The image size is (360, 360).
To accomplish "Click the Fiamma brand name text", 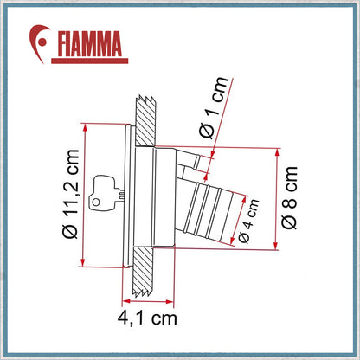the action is [x=90, y=43].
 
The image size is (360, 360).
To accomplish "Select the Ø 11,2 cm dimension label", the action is [x=70, y=194].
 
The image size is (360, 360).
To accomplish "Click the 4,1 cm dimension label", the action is [x=147, y=318].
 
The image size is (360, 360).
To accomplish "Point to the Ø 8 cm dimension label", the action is [x=289, y=198].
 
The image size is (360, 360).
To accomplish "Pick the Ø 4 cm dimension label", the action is [x=249, y=221].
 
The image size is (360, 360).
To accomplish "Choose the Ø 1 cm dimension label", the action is [x=214, y=107].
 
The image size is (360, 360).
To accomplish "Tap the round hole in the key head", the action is [x=96, y=202].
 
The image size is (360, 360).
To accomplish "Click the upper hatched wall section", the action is [x=145, y=120].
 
